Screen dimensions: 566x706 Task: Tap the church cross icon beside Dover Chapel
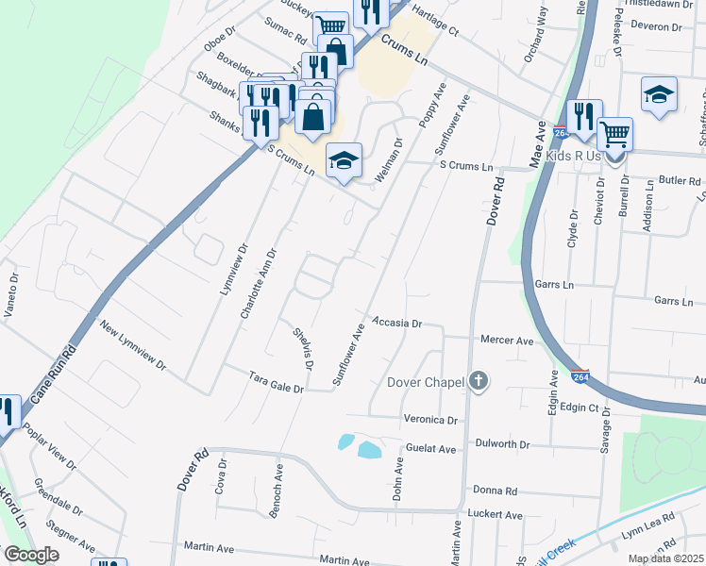click(479, 381)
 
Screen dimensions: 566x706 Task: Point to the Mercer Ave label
click(507, 340)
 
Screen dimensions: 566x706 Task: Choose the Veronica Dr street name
click(430, 420)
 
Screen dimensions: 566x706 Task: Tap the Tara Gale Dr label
click(276, 382)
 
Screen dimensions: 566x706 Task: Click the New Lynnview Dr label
click(133, 347)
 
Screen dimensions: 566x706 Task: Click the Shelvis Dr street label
click(303, 346)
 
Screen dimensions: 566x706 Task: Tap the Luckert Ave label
click(495, 515)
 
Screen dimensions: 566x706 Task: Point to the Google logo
click(31, 555)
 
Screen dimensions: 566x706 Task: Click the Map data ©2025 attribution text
click(665, 558)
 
